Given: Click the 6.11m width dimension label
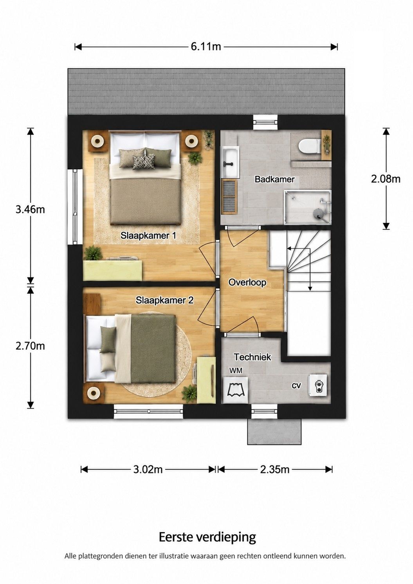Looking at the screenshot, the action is [x=206, y=47].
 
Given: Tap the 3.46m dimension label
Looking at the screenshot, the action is [x=30, y=209].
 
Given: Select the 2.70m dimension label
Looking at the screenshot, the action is [x=30, y=346].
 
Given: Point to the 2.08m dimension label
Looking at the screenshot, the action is [x=386, y=179].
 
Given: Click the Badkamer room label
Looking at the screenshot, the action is [x=274, y=179].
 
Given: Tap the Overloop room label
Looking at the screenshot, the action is [x=247, y=282].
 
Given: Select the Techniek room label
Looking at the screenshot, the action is [x=252, y=357].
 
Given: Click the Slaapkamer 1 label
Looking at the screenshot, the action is [x=148, y=236].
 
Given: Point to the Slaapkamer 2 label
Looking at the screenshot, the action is [x=165, y=300].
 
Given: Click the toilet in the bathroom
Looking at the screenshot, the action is [x=309, y=146].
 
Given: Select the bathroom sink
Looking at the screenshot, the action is [x=230, y=163].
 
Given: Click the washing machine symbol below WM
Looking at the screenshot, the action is [x=236, y=390].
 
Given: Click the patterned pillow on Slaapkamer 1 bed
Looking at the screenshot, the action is [x=143, y=162].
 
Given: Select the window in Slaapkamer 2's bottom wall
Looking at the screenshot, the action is [x=148, y=411].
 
